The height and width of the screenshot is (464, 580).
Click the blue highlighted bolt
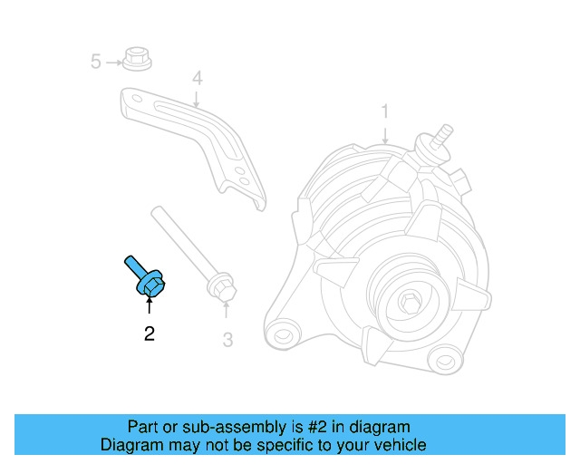144,280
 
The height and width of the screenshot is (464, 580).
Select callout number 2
150,334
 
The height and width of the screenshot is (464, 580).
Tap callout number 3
227,340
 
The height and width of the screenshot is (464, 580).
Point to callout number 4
196,78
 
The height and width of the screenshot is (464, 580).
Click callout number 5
95,62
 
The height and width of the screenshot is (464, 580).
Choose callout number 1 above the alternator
384,111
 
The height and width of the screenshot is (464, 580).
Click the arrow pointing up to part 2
149,309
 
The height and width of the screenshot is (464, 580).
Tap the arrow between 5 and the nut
114,62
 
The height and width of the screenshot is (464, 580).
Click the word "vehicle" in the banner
400,445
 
